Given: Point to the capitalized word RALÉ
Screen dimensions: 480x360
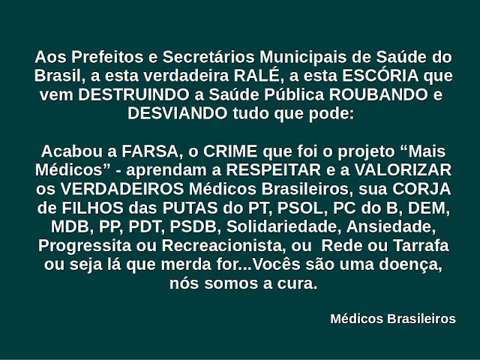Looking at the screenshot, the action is pos(256,76).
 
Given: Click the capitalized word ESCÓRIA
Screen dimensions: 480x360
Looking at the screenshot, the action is pos(380,76).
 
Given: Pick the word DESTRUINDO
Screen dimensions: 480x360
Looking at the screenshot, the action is pos(133,94).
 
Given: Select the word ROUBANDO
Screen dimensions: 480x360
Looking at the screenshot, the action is pos(379,94).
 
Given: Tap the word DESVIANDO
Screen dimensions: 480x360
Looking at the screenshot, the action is pos(178,113).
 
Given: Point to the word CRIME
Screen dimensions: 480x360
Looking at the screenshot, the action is pos(230,151).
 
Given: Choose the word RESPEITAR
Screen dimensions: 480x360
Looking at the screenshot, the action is pos(274,170).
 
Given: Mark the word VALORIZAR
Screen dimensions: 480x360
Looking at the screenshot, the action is pos(403,170).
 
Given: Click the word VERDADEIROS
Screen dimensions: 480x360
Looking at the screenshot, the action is pos(122,189).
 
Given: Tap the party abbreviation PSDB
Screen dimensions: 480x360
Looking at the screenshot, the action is pos(193,226).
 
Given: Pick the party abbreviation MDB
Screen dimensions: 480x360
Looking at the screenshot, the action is pos(72,226).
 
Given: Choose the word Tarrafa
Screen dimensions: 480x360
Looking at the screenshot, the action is pos(421,245).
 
